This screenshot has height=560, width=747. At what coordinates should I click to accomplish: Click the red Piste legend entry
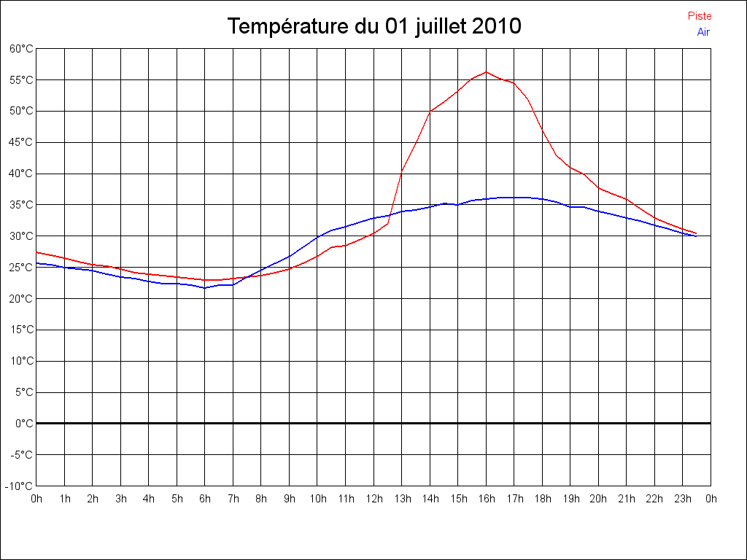[700, 16]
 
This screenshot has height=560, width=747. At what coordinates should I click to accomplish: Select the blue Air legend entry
[703, 32]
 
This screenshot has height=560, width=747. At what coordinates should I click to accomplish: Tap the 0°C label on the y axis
[24, 423]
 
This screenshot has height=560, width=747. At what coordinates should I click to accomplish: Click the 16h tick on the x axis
[486, 499]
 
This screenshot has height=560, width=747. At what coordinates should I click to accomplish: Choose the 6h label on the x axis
[205, 499]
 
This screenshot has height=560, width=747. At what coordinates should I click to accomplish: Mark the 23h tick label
[683, 499]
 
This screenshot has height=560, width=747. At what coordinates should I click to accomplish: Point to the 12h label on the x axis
[373, 499]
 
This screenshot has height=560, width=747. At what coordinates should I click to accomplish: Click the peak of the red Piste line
[486, 71]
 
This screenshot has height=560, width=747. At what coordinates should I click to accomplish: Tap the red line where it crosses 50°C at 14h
[430, 112]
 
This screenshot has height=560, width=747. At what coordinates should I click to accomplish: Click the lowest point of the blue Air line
[205, 288]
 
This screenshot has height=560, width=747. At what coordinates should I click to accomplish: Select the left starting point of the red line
[36, 252]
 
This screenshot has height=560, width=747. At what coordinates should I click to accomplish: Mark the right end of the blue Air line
[696, 236]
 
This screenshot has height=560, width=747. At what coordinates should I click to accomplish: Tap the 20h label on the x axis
[598, 499]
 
